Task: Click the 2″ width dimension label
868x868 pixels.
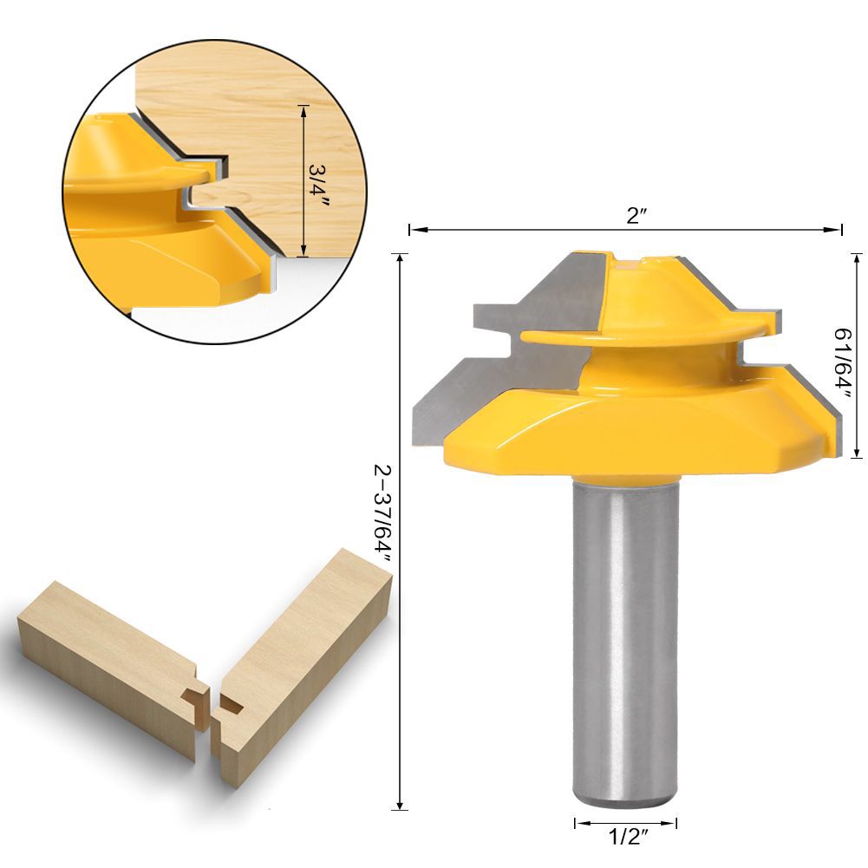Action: click(x=636, y=215)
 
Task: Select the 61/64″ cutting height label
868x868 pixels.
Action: click(x=844, y=363)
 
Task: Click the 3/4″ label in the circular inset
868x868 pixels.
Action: click(x=319, y=186)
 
